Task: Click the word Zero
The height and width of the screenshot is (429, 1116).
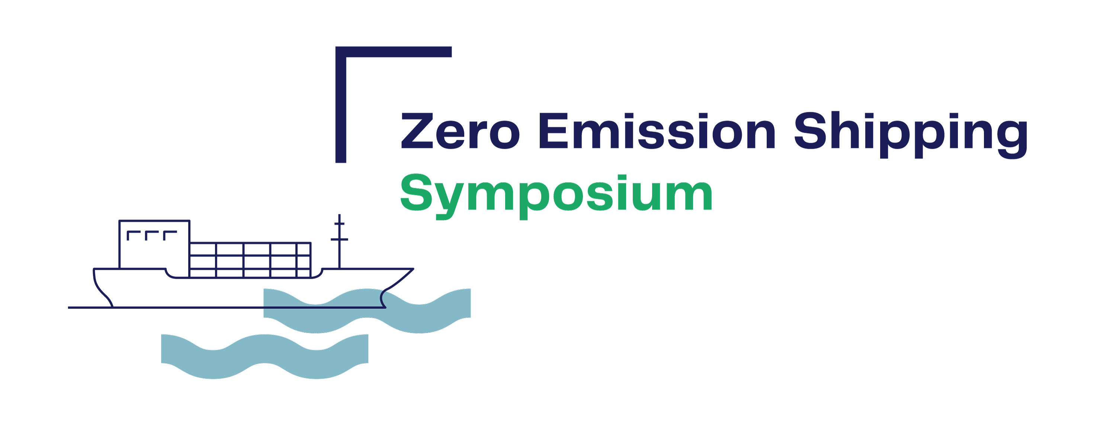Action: [x=460, y=131]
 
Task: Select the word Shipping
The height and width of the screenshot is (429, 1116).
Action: [x=911, y=135]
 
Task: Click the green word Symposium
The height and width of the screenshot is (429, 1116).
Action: [x=556, y=196]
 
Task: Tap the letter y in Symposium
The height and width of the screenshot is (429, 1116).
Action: [x=452, y=202]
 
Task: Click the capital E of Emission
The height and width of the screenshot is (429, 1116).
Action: [x=554, y=131]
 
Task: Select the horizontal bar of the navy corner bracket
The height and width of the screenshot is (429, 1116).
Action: [x=393, y=52]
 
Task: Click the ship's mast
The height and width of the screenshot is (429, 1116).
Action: [x=339, y=241]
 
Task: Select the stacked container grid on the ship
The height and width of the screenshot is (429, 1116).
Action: [x=250, y=260]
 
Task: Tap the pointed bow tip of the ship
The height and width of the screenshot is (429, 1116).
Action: [x=413, y=269]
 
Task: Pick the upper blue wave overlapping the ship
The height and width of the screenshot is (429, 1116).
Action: [x=367, y=311]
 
